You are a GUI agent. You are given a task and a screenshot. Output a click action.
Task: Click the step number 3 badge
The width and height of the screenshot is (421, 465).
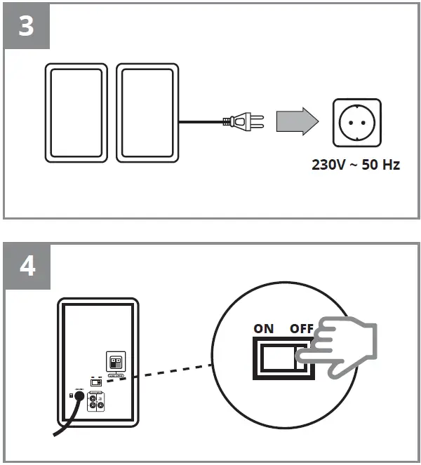coord(27,27)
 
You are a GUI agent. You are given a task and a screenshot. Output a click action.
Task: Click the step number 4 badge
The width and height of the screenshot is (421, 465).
coord(27,267)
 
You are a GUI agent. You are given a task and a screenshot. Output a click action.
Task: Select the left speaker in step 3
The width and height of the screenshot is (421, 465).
coord(75,113)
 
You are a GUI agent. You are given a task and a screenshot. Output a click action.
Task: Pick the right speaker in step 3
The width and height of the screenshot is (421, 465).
coord(147,113)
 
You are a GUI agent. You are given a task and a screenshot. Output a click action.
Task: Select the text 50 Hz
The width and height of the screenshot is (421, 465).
coord(381,167)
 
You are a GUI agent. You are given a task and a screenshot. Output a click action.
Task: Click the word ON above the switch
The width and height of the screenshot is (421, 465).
coord(264,328)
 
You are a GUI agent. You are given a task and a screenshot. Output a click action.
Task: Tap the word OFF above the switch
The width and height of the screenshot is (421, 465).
coord(303,328)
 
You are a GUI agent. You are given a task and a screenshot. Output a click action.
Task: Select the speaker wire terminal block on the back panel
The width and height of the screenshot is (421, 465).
coord(116,361)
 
